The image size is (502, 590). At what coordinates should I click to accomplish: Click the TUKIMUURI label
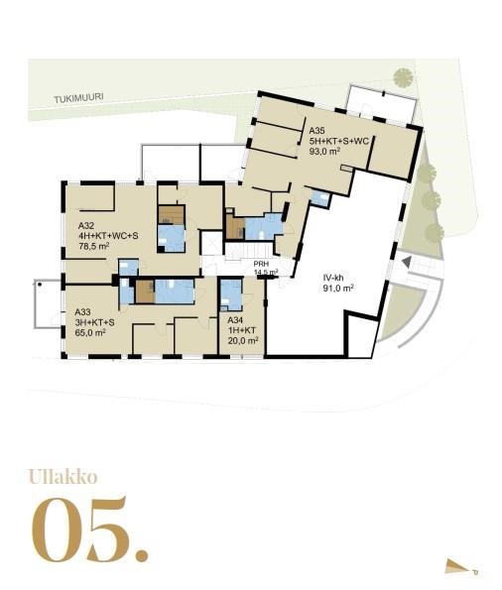[78, 98]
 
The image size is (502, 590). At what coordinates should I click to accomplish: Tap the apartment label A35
[316, 131]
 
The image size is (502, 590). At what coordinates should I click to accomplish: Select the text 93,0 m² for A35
[325, 152]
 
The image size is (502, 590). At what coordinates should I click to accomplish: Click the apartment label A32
[86, 226]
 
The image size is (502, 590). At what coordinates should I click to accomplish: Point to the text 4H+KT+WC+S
[108, 236]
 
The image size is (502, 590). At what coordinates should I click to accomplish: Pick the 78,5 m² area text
[94, 246]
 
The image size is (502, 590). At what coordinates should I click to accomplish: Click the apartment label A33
[82, 312]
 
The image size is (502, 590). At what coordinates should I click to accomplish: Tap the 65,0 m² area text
[90, 332]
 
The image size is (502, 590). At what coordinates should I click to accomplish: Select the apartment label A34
[235, 320]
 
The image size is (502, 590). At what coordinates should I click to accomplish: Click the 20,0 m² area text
[243, 340]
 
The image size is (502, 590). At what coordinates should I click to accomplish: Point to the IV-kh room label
[333, 279]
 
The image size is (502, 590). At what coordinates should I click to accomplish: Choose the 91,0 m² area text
[338, 289]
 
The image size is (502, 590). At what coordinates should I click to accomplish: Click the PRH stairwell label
[261, 264]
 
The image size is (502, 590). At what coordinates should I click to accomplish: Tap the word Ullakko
[63, 477]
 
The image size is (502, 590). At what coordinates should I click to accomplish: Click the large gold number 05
[89, 530]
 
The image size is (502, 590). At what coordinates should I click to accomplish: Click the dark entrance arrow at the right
[406, 261]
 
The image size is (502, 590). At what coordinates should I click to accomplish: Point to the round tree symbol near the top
[404, 77]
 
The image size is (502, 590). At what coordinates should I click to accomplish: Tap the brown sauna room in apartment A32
[172, 214]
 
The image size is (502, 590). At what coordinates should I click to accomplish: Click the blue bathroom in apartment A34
[231, 295]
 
